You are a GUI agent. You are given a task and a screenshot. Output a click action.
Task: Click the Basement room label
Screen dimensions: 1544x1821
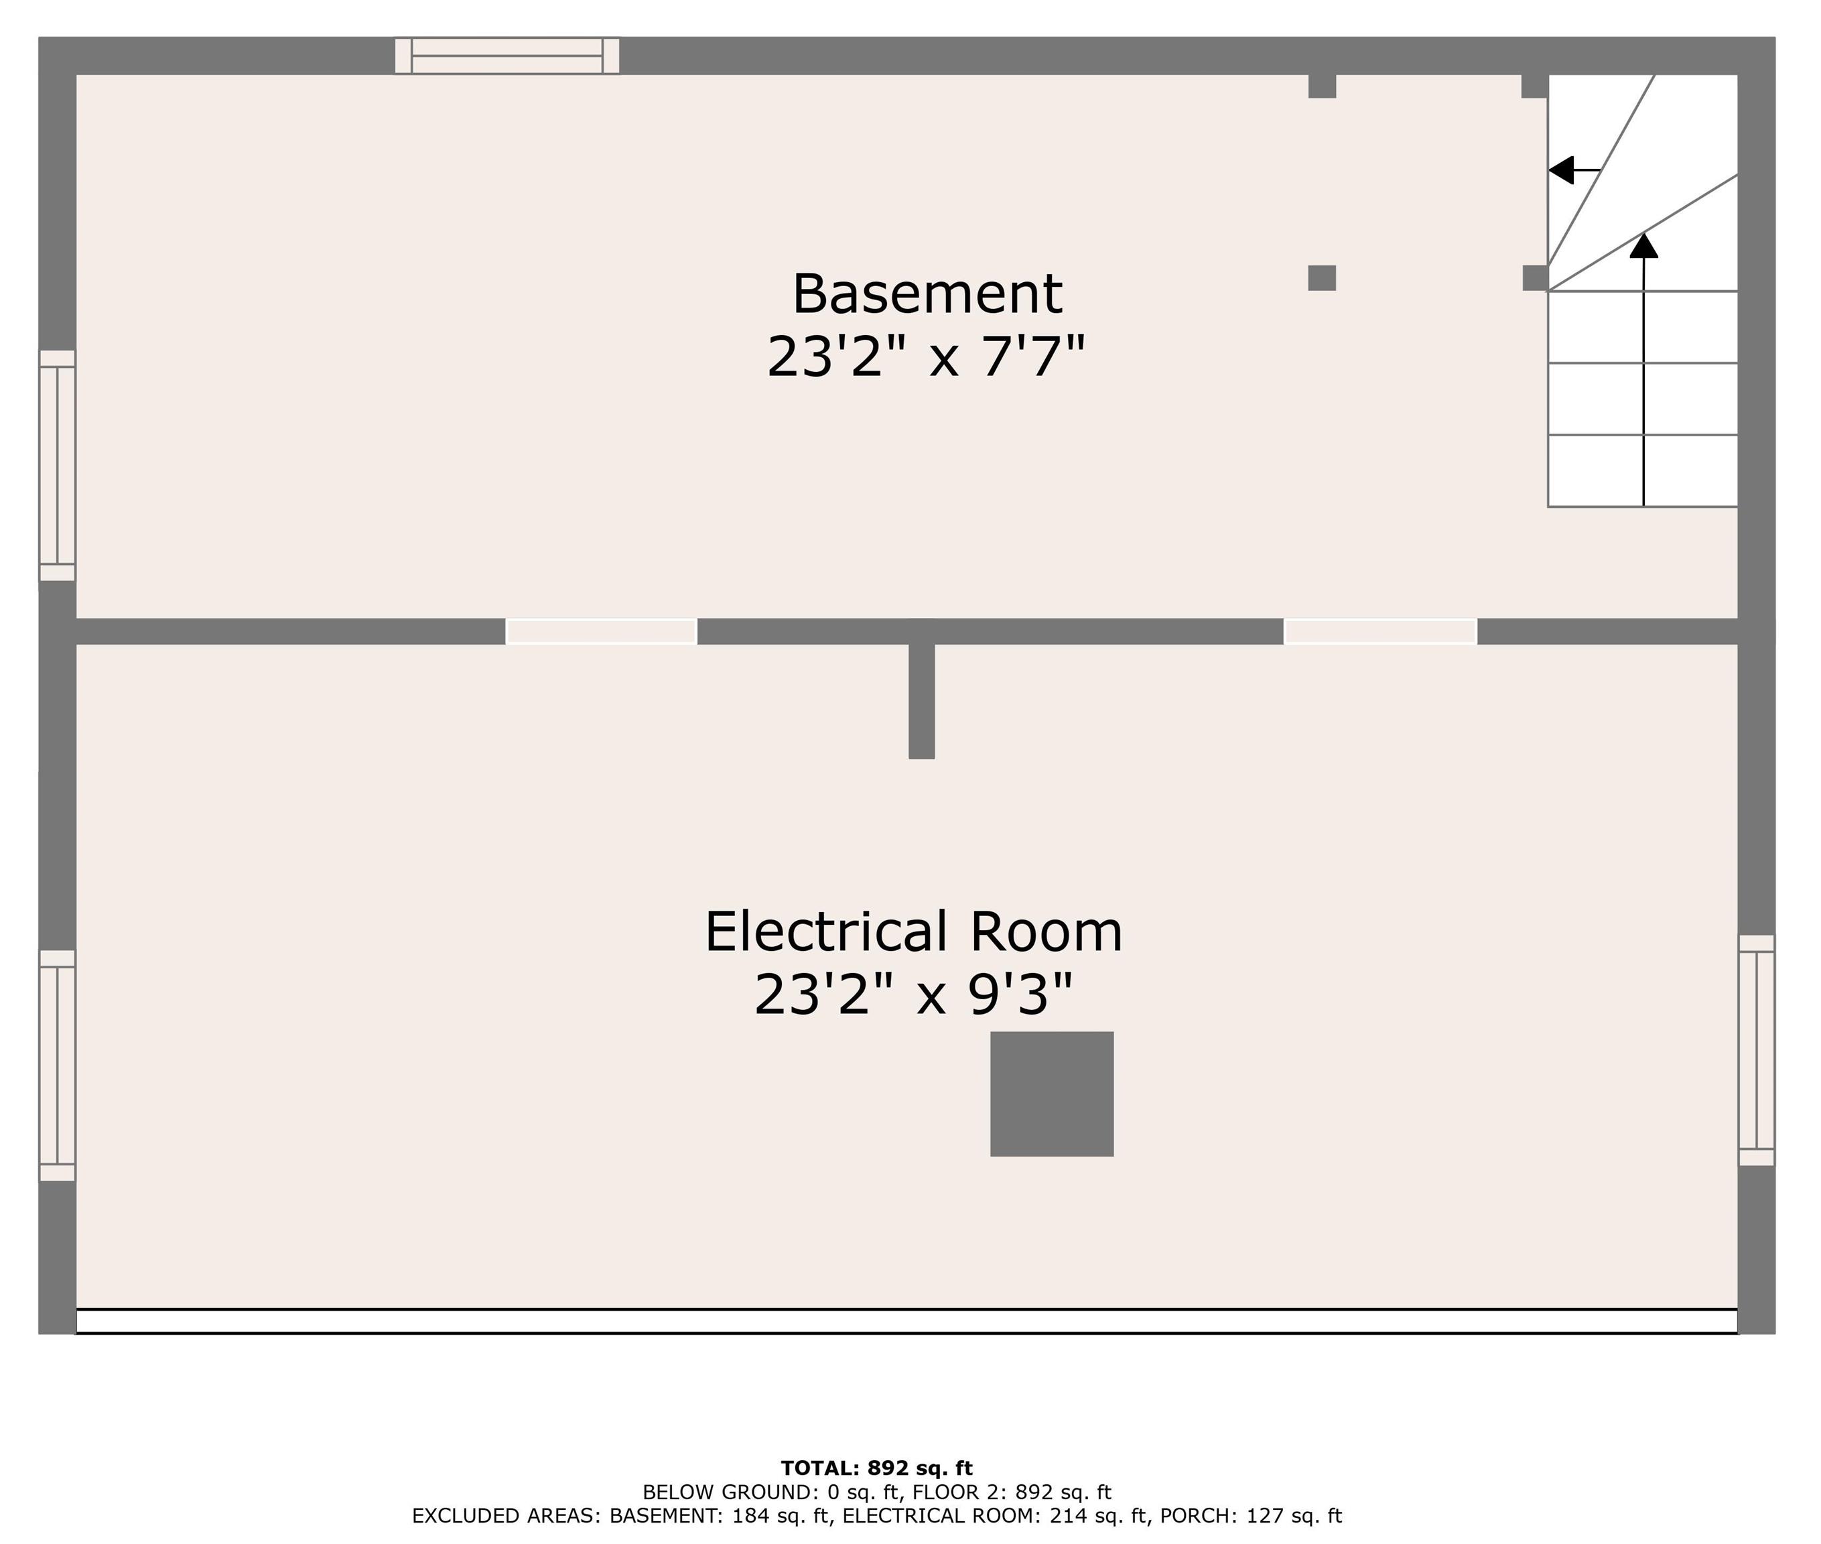coord(926,294)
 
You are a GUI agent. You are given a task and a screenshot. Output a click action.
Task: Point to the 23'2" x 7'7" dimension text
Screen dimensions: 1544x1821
coord(926,358)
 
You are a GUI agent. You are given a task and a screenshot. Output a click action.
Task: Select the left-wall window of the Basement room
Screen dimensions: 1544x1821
coord(58,465)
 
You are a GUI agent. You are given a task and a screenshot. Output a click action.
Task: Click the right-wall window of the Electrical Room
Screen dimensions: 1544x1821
coord(1755,1049)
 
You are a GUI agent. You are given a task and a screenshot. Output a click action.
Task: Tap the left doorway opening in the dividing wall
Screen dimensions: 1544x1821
coord(601,631)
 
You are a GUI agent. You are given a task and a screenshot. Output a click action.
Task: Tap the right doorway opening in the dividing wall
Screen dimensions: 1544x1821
coord(1380,631)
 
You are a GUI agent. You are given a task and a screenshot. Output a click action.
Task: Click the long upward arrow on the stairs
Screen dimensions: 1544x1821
coord(1643,368)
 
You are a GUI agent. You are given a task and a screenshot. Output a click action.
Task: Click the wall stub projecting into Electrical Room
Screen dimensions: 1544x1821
coord(921,701)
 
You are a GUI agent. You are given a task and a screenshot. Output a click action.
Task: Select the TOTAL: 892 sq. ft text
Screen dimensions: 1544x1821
coord(876,1468)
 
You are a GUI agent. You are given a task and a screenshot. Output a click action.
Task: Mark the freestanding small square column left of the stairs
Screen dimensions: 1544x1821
coord(1321,277)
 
